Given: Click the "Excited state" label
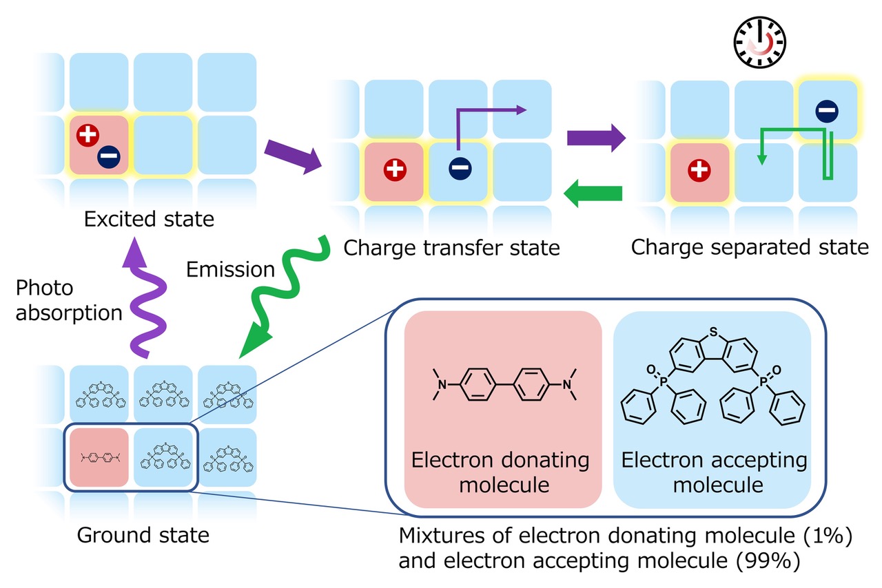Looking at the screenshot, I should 148,220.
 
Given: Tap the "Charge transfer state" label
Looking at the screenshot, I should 451,246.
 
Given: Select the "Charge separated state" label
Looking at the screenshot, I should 750,246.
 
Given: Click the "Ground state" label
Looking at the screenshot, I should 143,534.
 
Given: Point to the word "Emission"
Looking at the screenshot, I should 231,269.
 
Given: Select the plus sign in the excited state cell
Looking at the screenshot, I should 88,136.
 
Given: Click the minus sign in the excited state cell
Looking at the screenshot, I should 107,156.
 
